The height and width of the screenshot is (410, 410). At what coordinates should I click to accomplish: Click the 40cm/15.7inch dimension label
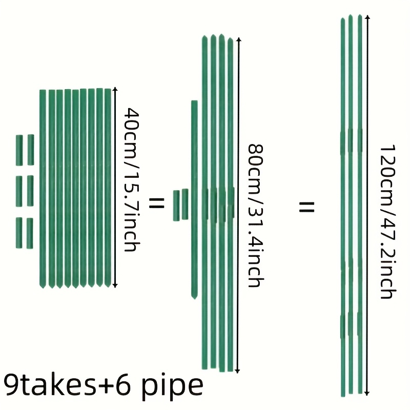tap(132, 180)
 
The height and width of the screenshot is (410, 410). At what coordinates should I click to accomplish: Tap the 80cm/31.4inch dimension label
tap(255, 215)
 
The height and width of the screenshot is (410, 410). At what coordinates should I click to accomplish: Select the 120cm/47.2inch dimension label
tap(388, 221)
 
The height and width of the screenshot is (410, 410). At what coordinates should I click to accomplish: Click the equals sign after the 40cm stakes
tap(156, 203)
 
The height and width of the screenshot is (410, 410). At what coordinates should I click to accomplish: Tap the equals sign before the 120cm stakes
tap(306, 207)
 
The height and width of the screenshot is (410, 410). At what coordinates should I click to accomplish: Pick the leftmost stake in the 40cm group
tap(43, 189)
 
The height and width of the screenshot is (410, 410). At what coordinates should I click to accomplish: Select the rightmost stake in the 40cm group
tap(108, 188)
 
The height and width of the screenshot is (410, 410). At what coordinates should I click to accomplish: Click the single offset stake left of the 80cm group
tap(194, 200)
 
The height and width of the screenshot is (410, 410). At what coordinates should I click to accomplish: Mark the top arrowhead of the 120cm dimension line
tap(367, 17)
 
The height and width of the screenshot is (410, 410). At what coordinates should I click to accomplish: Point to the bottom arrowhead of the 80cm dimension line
tap(237, 371)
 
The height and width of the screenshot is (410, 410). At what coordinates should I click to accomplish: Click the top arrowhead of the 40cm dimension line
tap(114, 89)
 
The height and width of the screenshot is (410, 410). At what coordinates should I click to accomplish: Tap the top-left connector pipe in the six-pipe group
tap(19, 150)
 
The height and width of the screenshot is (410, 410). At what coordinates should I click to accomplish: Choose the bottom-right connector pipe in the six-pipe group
tap(30, 233)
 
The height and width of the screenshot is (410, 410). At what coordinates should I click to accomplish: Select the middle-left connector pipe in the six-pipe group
tap(19, 191)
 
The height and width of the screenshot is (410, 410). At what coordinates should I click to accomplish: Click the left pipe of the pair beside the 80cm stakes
tap(176, 206)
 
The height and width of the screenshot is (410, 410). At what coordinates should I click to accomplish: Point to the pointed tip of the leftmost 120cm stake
tap(343, 18)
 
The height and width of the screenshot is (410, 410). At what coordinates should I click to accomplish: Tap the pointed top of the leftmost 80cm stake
tap(204, 36)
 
